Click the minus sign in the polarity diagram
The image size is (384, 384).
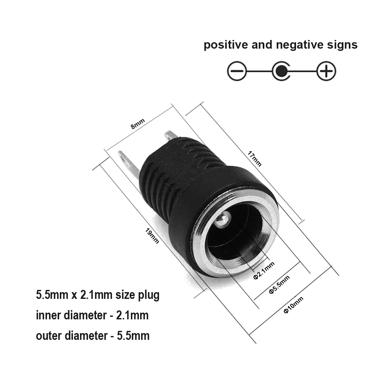[237, 71]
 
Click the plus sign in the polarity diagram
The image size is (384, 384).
[326, 71]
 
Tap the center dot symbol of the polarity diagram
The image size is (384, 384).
[281, 71]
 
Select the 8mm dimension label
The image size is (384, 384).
[138, 124]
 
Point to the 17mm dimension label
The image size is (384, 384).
[255, 159]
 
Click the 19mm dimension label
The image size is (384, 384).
[152, 236]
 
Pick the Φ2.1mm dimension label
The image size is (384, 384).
[264, 270]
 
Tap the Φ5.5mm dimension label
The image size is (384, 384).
[279, 284]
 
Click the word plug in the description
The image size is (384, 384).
[148, 295]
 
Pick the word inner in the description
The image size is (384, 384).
[48, 316]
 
